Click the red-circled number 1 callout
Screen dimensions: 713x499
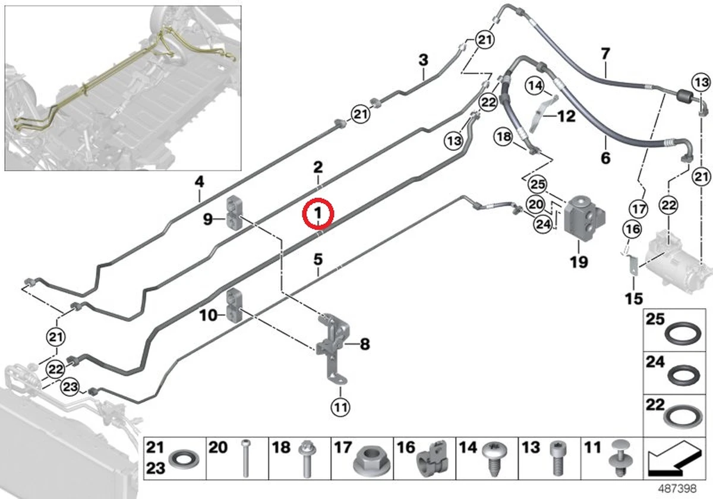click(318, 213)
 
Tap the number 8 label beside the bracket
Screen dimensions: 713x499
click(365, 344)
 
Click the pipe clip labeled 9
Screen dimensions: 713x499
click(235, 212)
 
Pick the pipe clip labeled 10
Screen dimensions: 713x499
click(235, 305)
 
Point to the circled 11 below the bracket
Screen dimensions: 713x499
click(340, 407)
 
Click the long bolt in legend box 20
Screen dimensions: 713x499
click(245, 458)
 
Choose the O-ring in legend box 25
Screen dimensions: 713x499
click(680, 336)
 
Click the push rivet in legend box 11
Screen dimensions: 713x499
click(620, 458)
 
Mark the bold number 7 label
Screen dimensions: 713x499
click(605, 53)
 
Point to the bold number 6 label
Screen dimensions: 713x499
click(605, 158)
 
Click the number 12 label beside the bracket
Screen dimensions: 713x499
click(567, 116)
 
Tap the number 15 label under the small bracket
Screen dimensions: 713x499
click(634, 299)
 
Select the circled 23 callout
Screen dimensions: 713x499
click(70, 387)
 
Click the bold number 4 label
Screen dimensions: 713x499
click(199, 182)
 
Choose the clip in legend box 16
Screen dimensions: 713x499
click(433, 459)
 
